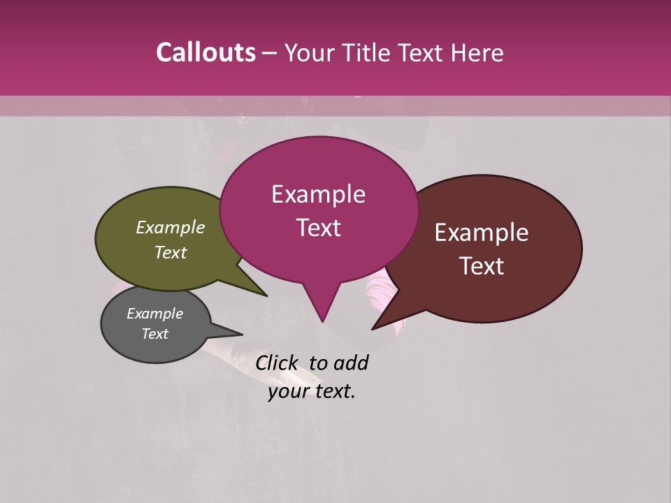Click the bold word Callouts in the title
coord(205,52)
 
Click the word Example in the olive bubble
coord(171,227)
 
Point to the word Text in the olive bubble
coord(171,252)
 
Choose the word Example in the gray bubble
coord(154,314)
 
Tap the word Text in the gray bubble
coord(154,334)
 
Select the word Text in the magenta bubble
coord(318,227)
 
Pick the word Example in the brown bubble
coord(482,233)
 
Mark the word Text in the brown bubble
coord(482,265)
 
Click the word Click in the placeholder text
coord(277,363)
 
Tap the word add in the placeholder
coord(352,363)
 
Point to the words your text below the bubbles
coord(312,391)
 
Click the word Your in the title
coord(309,52)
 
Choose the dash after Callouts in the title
coord(270,52)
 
